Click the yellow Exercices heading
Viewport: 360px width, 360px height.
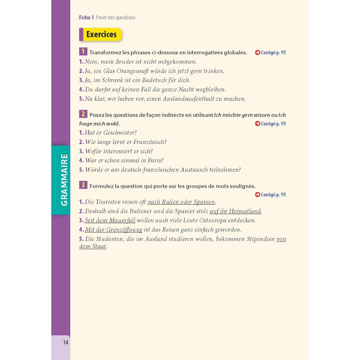pyautogui.click(x=101, y=34)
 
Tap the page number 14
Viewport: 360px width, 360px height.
pyautogui.click(x=65, y=342)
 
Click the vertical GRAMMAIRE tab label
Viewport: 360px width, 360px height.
pyautogui.click(x=64, y=180)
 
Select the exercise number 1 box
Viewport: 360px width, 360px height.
pyautogui.click(x=83, y=52)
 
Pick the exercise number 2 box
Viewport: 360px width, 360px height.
pyautogui.click(x=83, y=114)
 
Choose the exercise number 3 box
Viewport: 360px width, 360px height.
pyautogui.click(x=83, y=185)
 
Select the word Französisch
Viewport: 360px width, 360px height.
pyautogui.click(x=149, y=142)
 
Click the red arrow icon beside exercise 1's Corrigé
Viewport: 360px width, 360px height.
pyautogui.click(x=257, y=53)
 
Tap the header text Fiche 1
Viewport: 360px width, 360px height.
pyautogui.click(x=86, y=18)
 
